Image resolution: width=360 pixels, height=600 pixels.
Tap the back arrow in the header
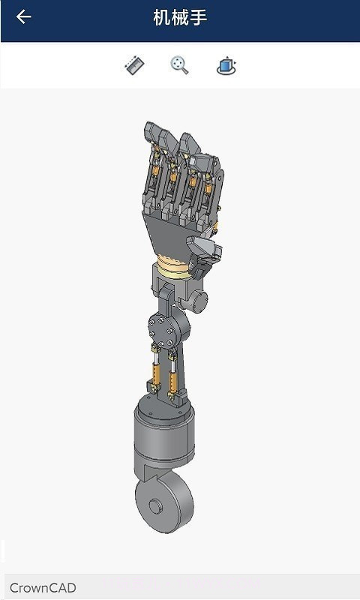(23, 17)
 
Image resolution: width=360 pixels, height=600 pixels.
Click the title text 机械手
(180, 17)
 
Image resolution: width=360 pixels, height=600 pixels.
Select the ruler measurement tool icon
(134, 66)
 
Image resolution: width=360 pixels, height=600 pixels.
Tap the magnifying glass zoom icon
(179, 66)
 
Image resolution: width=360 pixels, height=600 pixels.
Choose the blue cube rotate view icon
(226, 66)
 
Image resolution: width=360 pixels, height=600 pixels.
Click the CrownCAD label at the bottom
(43, 588)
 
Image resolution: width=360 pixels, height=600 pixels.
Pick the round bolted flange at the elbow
(160, 328)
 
